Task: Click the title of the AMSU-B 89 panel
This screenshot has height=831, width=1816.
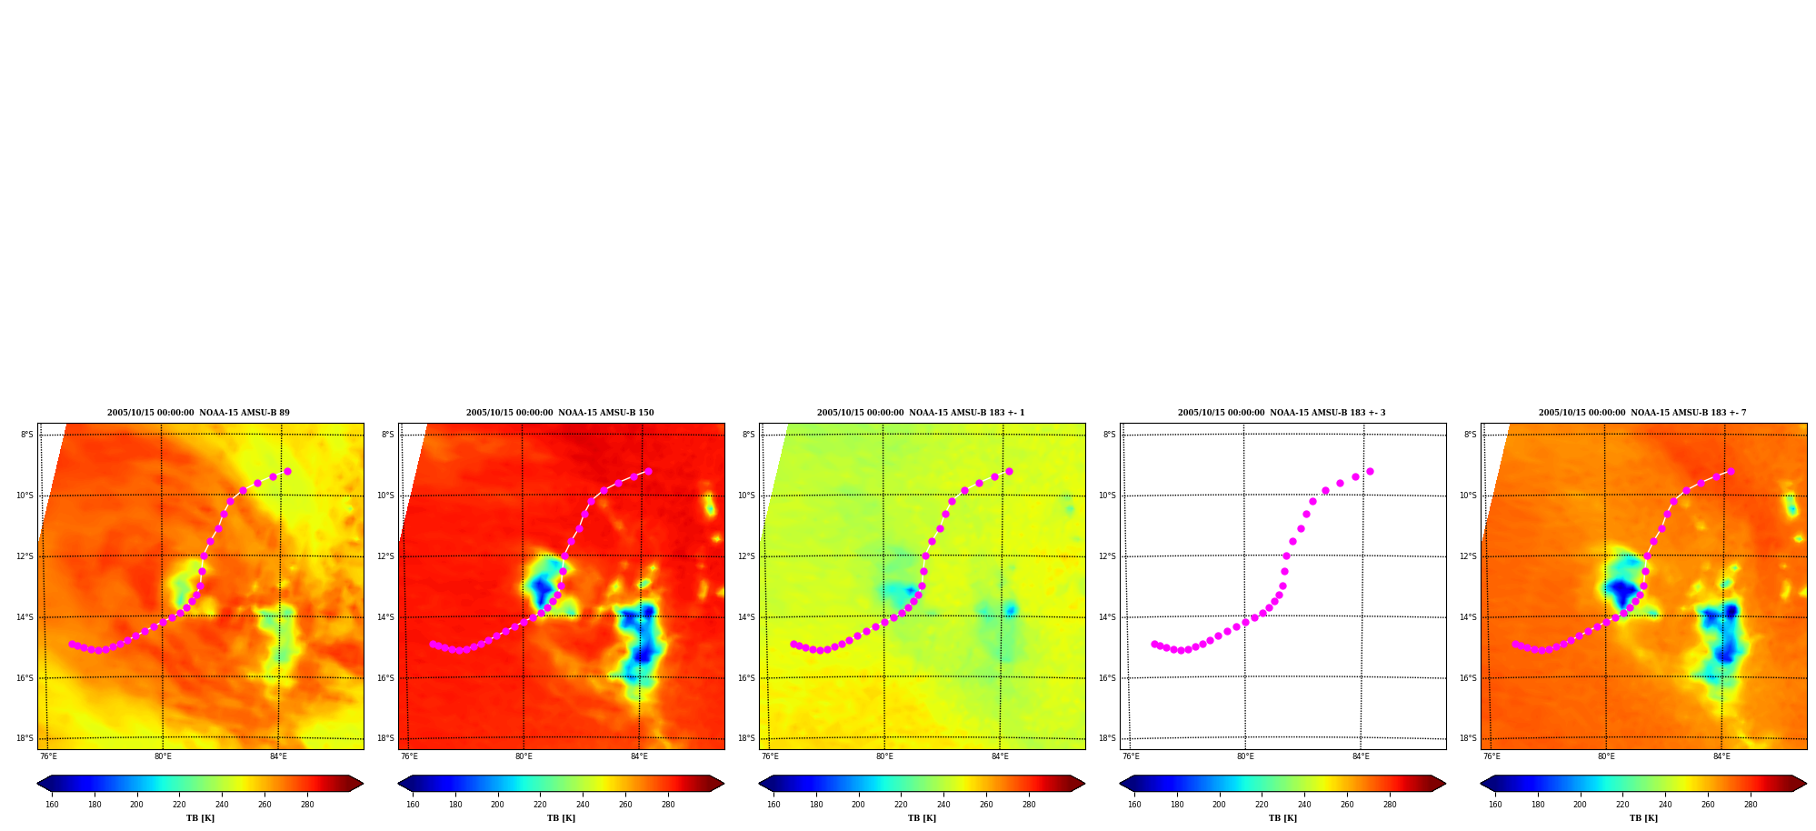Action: coord(198,413)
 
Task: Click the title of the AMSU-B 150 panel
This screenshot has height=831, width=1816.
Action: coord(560,413)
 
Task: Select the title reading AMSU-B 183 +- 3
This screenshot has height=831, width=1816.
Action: coord(1282,413)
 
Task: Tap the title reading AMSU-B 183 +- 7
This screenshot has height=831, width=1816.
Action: coord(1642,413)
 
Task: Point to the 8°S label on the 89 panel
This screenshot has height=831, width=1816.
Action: coord(27,435)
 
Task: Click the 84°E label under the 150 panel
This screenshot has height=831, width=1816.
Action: coord(639,756)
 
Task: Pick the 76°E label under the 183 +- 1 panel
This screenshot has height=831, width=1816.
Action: coord(770,756)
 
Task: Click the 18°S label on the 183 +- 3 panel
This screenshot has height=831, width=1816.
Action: coord(1107,738)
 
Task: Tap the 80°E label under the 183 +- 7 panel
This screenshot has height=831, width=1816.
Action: coord(1606,756)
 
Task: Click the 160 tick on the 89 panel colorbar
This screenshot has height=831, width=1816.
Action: coord(52,805)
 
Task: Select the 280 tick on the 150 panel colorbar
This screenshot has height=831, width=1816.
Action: coord(668,805)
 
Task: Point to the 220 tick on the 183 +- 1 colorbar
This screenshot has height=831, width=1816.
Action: coord(901,805)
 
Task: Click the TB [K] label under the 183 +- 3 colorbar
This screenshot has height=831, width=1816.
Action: coord(1282,818)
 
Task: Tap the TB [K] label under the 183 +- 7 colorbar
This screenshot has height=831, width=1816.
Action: coord(1643,818)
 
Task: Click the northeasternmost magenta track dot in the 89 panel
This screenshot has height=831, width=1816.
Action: coord(287,471)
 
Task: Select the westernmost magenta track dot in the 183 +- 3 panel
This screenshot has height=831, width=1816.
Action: coord(1154,644)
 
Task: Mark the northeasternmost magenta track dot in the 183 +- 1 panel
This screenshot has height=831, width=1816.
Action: coord(1009,471)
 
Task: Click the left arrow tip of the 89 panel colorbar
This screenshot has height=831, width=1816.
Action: coord(37,784)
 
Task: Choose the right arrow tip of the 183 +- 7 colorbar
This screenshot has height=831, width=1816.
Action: coord(1807,784)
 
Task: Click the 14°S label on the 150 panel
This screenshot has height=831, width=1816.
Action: coord(385,617)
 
